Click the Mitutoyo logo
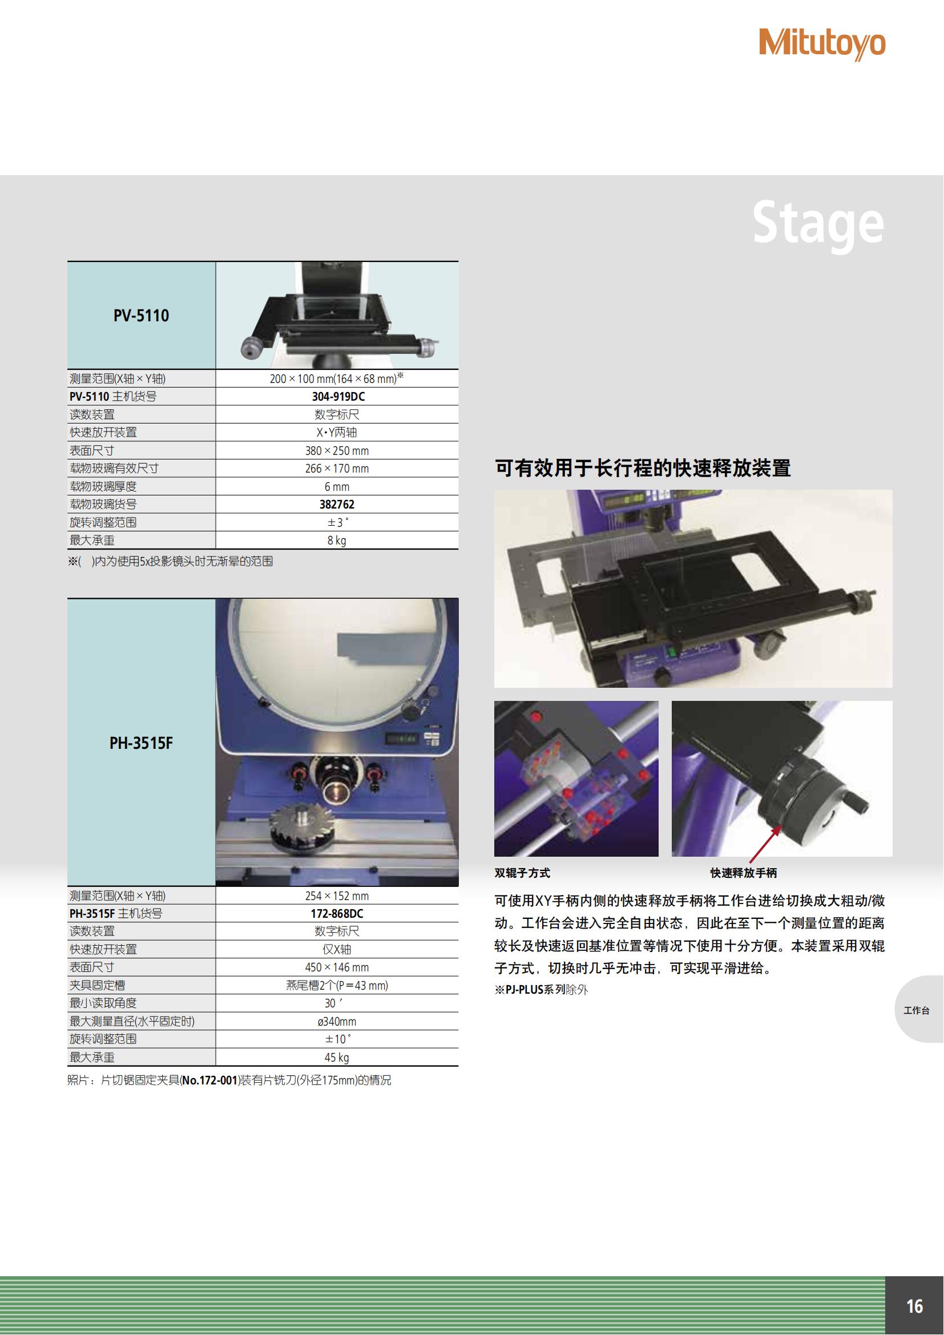tap(822, 44)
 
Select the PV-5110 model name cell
tap(141, 315)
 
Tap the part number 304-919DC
tap(338, 397)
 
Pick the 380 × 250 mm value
tap(337, 451)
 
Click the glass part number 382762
tap(337, 505)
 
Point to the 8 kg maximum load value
tap(337, 540)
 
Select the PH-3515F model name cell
tap(141, 743)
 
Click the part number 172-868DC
tap(337, 913)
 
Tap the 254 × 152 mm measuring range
tap(337, 896)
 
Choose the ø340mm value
tap(337, 1022)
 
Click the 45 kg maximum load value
tap(337, 1058)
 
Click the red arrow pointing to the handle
tap(765, 844)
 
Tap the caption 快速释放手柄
tap(744, 873)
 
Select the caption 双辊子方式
tap(522, 873)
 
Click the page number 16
tap(914, 1306)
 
